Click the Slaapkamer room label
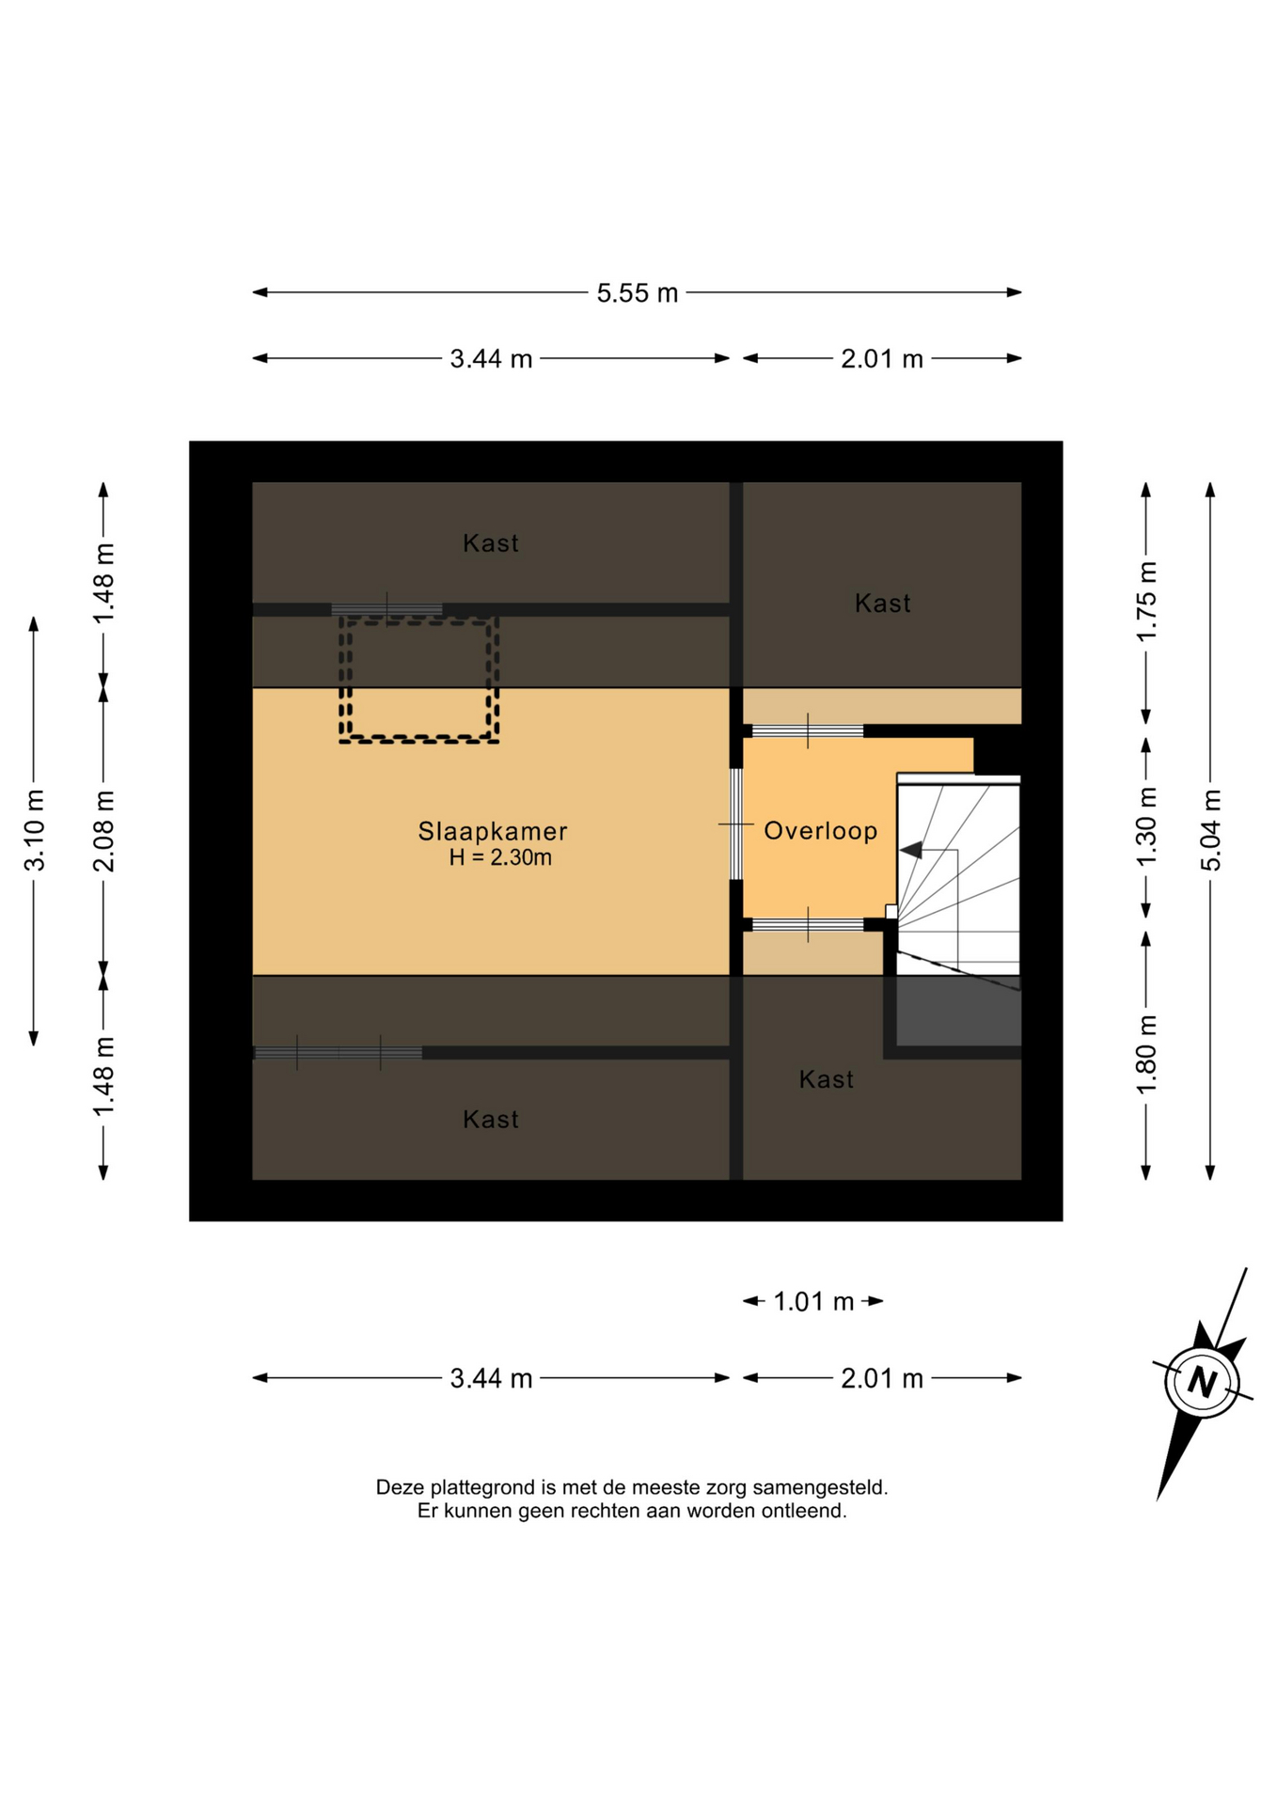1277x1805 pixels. (493, 831)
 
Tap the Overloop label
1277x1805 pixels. (820, 830)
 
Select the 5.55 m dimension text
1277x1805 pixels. (638, 293)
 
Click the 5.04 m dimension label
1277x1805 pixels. (1211, 830)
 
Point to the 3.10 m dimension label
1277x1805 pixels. (35, 831)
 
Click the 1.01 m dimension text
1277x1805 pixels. (813, 1301)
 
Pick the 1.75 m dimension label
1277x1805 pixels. (1146, 602)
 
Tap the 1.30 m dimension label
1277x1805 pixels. (1146, 831)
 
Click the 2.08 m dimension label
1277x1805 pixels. (104, 831)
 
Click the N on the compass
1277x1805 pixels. (1202, 1382)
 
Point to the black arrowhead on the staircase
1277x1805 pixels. (910, 850)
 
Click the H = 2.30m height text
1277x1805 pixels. (500, 857)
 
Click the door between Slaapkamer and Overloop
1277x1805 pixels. (736, 824)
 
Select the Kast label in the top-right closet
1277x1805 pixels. (882, 603)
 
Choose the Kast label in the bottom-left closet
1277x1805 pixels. (491, 1119)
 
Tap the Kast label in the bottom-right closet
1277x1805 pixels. (827, 1079)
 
